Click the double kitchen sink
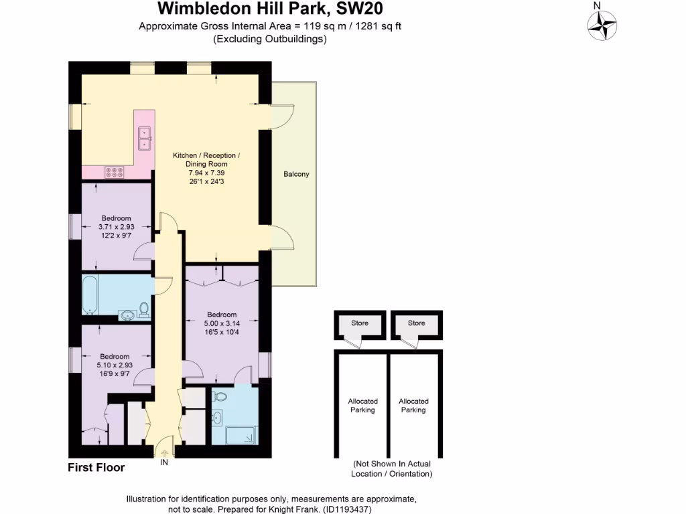(x=144, y=139)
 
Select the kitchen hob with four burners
(x=114, y=173)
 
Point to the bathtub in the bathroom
(x=90, y=295)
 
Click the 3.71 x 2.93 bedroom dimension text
(x=116, y=227)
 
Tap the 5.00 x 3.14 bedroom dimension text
(x=221, y=324)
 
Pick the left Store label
(x=360, y=323)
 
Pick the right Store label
(x=416, y=323)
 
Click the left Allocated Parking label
(x=362, y=406)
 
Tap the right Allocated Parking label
(x=413, y=406)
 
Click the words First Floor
(x=96, y=468)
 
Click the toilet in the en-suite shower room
(x=218, y=398)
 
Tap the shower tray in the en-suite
(x=239, y=436)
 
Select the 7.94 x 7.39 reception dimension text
(x=206, y=172)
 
